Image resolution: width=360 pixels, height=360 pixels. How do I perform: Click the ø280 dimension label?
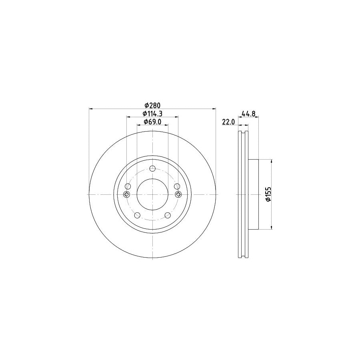click(152, 105)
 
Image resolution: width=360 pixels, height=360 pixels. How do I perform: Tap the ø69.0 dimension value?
click(152, 122)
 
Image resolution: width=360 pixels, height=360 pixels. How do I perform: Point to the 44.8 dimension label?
click(248, 114)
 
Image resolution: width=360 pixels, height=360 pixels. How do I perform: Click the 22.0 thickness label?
click(228, 122)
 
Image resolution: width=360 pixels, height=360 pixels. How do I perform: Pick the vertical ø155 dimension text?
click(269, 194)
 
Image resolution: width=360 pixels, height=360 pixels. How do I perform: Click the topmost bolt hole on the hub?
click(152, 169)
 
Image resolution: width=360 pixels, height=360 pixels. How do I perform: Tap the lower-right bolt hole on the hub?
click(167, 215)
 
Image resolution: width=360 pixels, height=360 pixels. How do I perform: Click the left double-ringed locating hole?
click(127, 194)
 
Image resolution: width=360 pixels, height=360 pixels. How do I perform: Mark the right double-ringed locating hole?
click(178, 194)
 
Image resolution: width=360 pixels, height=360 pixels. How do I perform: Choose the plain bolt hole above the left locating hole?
click(128, 186)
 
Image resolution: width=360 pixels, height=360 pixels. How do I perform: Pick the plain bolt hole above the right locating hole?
click(177, 186)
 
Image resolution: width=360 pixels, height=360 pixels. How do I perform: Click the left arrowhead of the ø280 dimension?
click(90, 108)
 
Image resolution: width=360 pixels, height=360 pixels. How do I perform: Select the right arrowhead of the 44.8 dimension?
click(257, 117)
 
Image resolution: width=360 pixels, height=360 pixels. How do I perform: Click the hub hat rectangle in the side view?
click(254, 194)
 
